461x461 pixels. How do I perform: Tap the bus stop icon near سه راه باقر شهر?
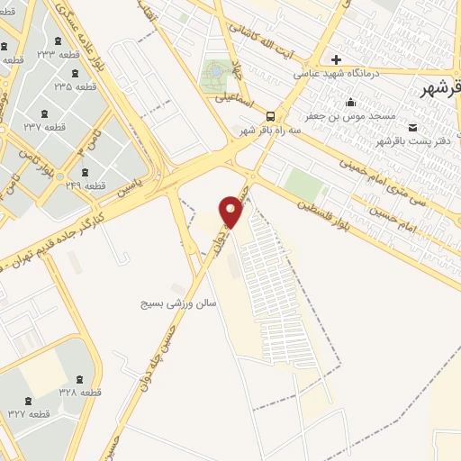point(271,115)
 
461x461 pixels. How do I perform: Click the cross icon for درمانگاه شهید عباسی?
point(337,59)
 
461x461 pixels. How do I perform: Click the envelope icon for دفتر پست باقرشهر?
point(413,128)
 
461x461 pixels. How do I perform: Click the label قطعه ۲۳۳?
point(69,53)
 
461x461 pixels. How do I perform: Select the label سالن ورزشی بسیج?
point(178,304)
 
